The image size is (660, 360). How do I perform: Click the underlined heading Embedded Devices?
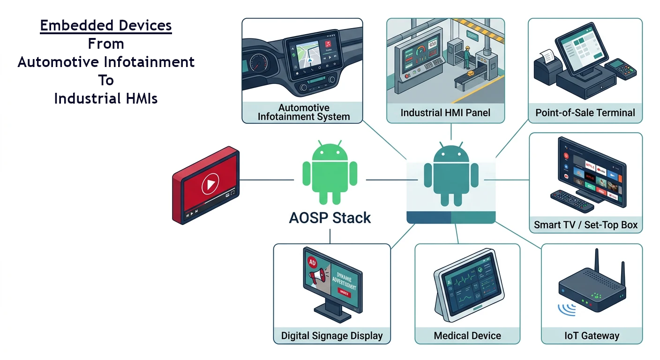tap(106, 25)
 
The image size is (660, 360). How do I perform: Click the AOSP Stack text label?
tap(330, 217)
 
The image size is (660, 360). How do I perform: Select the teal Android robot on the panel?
tap(450, 174)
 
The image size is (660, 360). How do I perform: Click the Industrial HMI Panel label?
tap(445, 112)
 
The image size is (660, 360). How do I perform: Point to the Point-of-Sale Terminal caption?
tap(585, 112)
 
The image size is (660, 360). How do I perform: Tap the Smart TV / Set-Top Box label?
tap(585, 225)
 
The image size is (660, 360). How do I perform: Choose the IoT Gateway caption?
tap(592, 336)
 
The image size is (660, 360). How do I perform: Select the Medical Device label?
tap(467, 336)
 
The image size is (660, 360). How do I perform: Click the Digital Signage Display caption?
tap(332, 336)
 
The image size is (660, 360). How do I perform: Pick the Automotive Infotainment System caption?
tap(303, 112)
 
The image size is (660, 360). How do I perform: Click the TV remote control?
tap(571, 201)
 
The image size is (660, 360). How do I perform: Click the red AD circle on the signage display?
tap(311, 263)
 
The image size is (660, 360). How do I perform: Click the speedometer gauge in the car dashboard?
tap(258, 62)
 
